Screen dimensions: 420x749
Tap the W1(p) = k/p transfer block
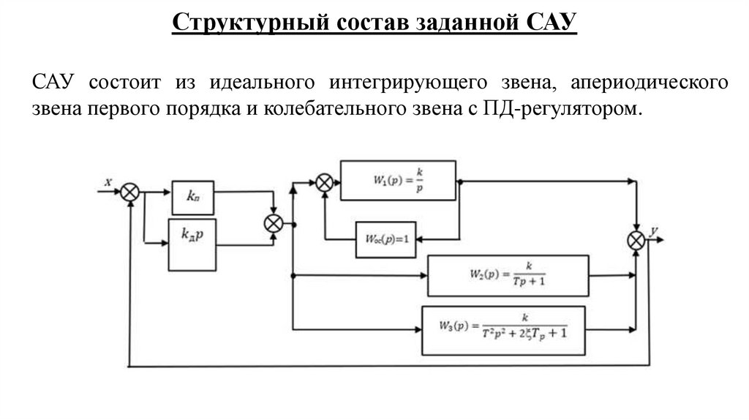(398, 180)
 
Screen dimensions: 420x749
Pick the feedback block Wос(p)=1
(385, 239)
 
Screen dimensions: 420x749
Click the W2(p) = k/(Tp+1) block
(508, 275)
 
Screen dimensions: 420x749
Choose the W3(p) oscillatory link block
(504, 331)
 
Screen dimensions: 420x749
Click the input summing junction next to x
(130, 192)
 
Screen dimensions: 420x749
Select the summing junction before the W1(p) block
(325, 183)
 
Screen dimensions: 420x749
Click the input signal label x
(108, 183)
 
